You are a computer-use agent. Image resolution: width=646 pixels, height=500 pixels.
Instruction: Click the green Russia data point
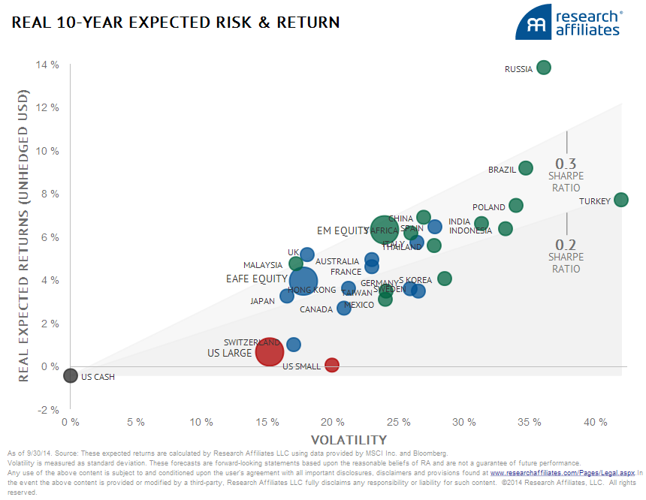(544, 68)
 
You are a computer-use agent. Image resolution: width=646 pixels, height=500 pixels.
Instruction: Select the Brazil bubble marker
(526, 168)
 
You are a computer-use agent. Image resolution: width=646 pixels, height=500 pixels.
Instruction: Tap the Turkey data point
(620, 200)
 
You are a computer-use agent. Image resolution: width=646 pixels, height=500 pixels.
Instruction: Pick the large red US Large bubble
(269, 351)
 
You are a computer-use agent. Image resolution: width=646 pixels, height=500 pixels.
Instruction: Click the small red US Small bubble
(332, 365)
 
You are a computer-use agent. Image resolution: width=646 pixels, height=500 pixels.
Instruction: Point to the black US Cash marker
(70, 375)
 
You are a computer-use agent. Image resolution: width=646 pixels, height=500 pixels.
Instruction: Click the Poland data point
(516, 206)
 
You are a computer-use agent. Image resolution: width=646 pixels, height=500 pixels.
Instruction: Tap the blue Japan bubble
(287, 296)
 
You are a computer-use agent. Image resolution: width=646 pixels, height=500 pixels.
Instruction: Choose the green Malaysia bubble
(296, 264)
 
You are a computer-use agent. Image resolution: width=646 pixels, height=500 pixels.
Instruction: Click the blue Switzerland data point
(294, 345)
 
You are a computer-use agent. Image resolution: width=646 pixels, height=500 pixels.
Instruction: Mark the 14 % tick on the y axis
(47, 65)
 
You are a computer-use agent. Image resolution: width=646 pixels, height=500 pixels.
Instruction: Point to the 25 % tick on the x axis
(399, 423)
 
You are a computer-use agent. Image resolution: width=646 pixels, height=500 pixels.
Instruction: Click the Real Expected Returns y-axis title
(24, 236)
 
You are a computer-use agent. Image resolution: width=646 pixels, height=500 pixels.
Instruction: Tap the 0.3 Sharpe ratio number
(565, 164)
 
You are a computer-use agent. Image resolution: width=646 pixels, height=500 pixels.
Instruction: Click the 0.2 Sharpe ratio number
(566, 245)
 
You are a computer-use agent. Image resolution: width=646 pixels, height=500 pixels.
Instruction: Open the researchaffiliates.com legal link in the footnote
(563, 474)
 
